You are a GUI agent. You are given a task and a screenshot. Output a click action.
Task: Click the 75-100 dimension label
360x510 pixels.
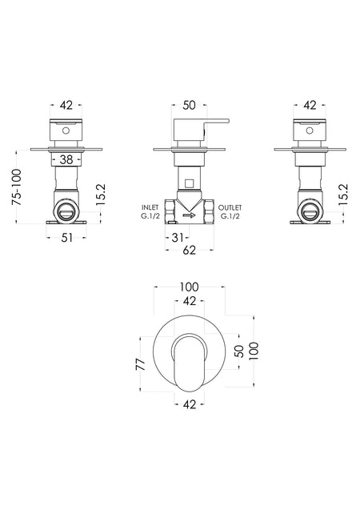pyautogui.click(x=17, y=187)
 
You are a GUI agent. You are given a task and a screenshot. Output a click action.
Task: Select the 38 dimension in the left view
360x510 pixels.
pyautogui.click(x=66, y=159)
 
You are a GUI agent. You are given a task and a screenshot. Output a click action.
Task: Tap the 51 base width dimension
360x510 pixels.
pyautogui.click(x=66, y=238)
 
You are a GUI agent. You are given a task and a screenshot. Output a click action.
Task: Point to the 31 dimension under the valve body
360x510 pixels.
pyautogui.click(x=177, y=238)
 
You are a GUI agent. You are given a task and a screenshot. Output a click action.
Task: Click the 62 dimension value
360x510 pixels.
pyautogui.click(x=189, y=250)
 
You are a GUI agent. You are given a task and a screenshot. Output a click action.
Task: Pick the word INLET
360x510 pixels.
pyautogui.click(x=150, y=207)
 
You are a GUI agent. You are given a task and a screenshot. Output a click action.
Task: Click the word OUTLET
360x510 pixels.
pyautogui.click(x=230, y=207)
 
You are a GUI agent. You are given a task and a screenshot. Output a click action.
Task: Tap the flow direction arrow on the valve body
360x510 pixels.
pyautogui.click(x=189, y=215)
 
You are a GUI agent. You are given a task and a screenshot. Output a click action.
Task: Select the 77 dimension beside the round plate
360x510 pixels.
pyautogui.click(x=140, y=364)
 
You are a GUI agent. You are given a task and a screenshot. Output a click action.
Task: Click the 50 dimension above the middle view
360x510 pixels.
pyautogui.click(x=189, y=106)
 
